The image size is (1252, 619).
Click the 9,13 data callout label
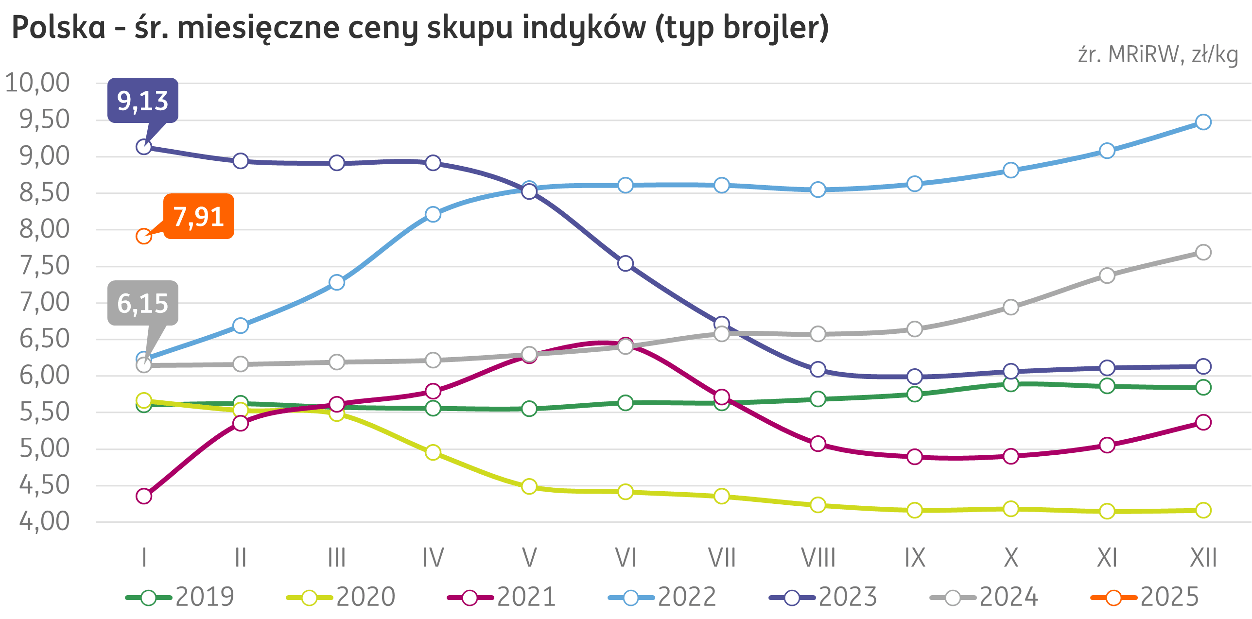pos(142,101)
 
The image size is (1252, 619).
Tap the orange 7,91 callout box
pos(199,216)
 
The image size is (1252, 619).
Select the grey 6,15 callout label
pos(142,303)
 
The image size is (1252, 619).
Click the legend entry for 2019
pos(180,597)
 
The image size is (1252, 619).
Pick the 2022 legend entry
pos(662,597)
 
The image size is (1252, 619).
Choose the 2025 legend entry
pos(1145,597)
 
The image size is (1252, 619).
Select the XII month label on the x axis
pos(1203,558)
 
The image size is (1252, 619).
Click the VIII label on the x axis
pos(818,558)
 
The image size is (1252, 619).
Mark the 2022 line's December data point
pos(1203,121)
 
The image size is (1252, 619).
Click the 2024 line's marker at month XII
pos(1203,252)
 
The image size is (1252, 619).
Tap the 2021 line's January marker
pos(144,496)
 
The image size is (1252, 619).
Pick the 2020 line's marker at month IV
pos(433,452)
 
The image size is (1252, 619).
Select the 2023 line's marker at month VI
pos(625,263)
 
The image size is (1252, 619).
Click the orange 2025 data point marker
pos(144,237)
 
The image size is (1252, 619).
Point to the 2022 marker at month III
pos(337,282)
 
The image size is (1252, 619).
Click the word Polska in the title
pos(58,28)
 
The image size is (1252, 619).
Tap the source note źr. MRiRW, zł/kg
pos(1158,55)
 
